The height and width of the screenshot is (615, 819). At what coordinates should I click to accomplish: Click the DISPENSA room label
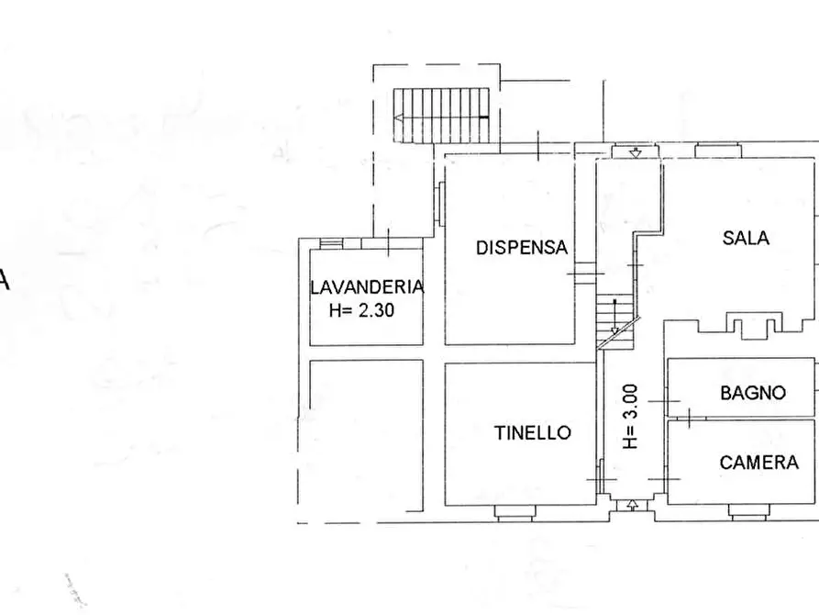point(522,247)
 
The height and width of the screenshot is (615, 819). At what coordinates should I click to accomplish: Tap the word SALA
point(746,238)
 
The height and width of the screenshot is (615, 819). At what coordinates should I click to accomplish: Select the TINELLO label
point(532,432)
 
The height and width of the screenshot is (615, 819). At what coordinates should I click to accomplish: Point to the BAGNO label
point(753,393)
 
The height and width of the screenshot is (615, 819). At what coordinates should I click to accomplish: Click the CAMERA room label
point(758,463)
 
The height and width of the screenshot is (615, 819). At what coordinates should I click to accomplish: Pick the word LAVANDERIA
point(367,286)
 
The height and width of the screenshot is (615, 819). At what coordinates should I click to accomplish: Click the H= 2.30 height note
point(361,310)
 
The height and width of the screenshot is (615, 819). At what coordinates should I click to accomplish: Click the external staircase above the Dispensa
point(442,115)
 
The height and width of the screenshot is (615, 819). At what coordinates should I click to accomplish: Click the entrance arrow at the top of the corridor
point(634,152)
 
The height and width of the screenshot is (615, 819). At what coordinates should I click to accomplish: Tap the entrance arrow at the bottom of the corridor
point(634,503)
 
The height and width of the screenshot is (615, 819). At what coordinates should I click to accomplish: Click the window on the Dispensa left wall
point(441,203)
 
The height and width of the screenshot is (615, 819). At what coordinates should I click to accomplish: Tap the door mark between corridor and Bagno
point(664,401)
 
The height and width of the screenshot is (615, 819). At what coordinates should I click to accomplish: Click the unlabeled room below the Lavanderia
point(366,433)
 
